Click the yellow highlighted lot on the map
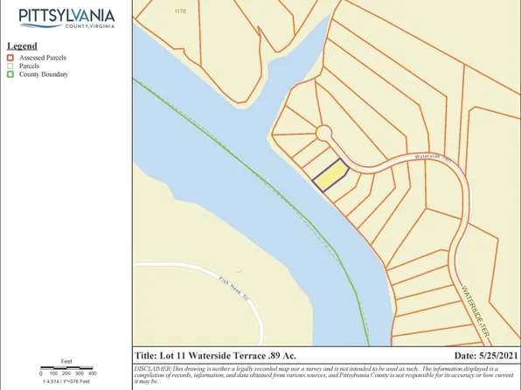[330, 178]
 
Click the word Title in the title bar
[145, 357]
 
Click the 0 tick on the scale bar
[42, 373]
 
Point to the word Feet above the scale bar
[66, 360]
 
